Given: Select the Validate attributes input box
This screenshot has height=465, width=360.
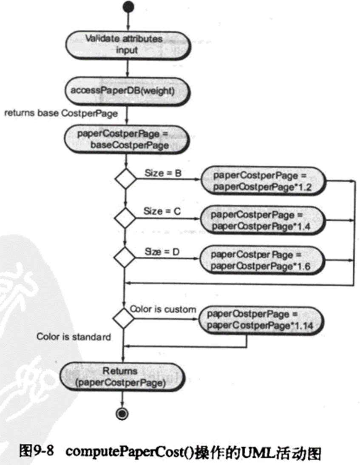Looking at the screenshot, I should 124,44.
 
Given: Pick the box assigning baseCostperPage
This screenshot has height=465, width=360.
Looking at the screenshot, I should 123,139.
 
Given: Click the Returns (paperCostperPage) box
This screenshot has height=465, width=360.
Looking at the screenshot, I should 123,377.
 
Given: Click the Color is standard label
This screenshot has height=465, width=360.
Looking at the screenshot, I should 74,337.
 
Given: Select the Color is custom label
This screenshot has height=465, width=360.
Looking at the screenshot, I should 163,309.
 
